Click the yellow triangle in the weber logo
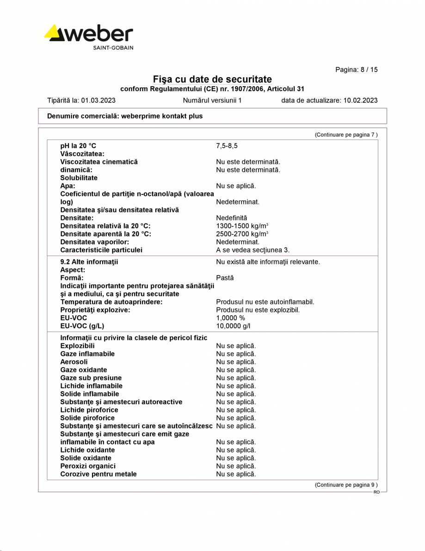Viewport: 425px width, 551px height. point(55,32)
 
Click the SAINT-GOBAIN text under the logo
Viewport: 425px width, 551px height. point(113,48)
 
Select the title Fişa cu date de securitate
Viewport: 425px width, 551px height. point(212,79)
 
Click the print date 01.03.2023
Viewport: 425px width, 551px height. point(98,100)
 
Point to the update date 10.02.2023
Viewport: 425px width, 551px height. point(360,100)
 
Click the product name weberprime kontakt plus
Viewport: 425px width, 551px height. point(161,116)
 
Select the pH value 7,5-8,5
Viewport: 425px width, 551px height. point(227,146)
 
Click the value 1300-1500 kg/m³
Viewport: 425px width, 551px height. point(242,226)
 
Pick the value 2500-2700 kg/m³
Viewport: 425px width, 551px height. point(242,234)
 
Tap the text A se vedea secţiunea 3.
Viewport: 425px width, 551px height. point(253,250)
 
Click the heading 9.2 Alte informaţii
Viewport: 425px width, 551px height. point(89,262)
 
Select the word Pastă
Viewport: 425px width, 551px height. point(225,278)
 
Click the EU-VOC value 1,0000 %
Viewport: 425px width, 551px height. point(230,318)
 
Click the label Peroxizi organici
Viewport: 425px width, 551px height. point(88,466)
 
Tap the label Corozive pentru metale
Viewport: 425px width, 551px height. point(98,474)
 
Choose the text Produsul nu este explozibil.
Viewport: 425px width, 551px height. point(258,310)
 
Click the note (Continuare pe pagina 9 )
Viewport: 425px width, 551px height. point(346,485)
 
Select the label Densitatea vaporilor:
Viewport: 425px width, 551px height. point(94,242)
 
